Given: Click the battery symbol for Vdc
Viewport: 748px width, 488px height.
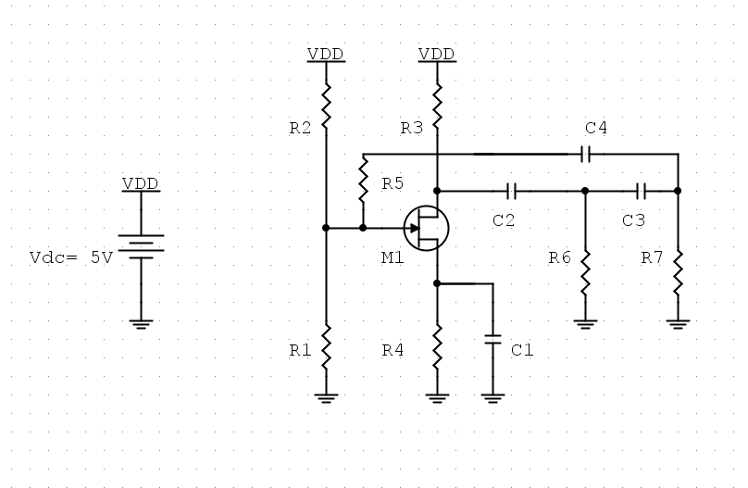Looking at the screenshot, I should (x=141, y=244).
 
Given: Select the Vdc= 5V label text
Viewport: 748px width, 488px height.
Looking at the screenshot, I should (x=71, y=258).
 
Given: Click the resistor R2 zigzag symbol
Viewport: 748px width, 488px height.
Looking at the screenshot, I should (x=326, y=107).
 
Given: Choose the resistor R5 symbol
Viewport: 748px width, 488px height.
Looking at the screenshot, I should (x=363, y=181).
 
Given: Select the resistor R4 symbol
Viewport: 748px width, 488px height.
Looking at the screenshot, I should (x=437, y=348).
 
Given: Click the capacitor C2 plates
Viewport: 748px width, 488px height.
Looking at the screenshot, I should (x=511, y=191).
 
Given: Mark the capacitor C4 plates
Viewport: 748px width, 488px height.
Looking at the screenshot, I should (x=585, y=154).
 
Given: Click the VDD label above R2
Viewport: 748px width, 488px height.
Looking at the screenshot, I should (x=326, y=54).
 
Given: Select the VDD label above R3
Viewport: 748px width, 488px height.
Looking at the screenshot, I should (x=437, y=54).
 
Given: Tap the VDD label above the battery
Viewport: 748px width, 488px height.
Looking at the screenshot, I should (x=141, y=183).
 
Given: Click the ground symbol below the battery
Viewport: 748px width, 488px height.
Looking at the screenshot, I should (x=141, y=324).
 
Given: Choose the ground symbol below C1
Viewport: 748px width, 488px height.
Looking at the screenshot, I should (x=492, y=398).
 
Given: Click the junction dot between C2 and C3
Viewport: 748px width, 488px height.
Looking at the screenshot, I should (x=585, y=191).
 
